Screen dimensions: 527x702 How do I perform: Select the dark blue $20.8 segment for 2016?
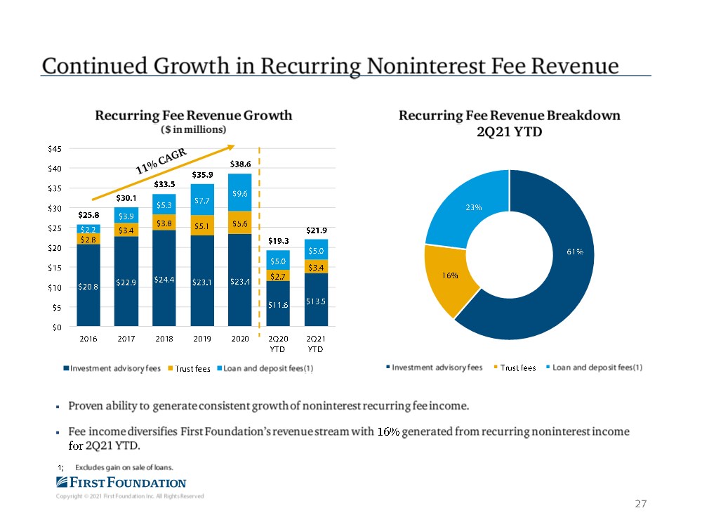88,287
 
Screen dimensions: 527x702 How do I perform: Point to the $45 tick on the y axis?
53,148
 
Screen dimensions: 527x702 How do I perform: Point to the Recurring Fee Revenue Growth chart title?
194,116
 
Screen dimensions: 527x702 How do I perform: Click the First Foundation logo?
121,482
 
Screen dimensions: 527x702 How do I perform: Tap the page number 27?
640,504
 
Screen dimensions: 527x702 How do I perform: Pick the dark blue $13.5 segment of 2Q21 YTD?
316,301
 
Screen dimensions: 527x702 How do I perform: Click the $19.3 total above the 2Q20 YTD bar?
279,240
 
